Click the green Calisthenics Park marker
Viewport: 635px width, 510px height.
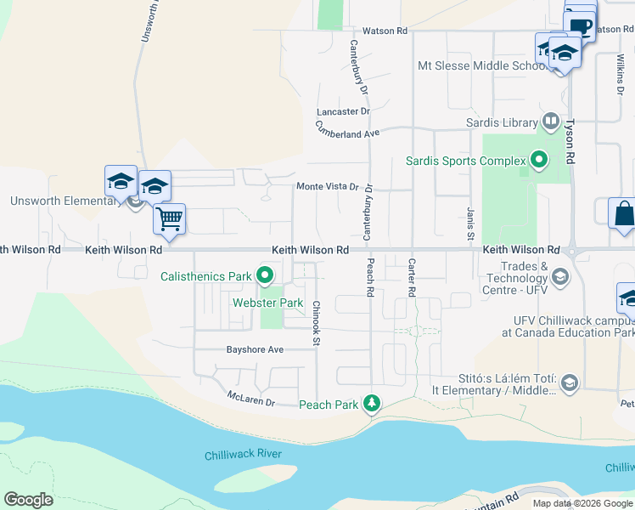(265, 275)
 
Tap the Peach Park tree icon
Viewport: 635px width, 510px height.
(371, 403)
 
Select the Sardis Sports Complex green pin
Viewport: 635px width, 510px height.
(537, 159)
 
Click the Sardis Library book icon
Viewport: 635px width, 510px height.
(551, 122)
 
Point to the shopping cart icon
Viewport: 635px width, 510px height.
(169, 218)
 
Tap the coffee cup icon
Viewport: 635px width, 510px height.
(581, 25)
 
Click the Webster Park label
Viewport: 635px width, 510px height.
(268, 303)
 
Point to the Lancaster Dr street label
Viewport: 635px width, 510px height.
(343, 111)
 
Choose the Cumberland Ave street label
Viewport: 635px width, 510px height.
(346, 128)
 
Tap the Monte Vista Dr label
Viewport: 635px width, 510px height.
(328, 187)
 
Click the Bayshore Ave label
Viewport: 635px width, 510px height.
(254, 349)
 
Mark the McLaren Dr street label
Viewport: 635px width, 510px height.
(252, 398)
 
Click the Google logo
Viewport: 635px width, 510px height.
(28, 500)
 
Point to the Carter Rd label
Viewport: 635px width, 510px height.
(412, 277)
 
